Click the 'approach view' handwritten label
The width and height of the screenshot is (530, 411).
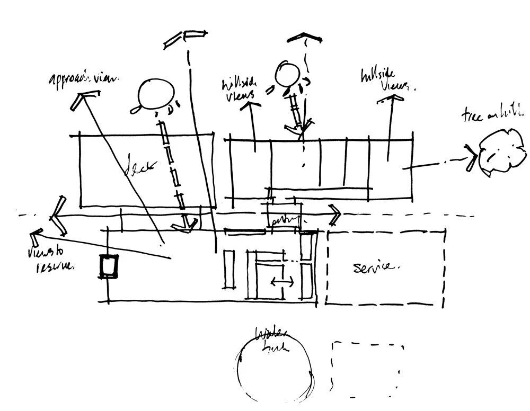coord(84,80)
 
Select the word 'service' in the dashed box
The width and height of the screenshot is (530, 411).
coord(375,266)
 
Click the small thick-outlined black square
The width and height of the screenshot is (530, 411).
coord(110,265)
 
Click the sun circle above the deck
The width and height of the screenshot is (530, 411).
coord(153,95)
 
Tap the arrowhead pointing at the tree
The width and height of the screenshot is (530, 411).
coord(470,158)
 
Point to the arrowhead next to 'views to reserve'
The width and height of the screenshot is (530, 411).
coord(36,234)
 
